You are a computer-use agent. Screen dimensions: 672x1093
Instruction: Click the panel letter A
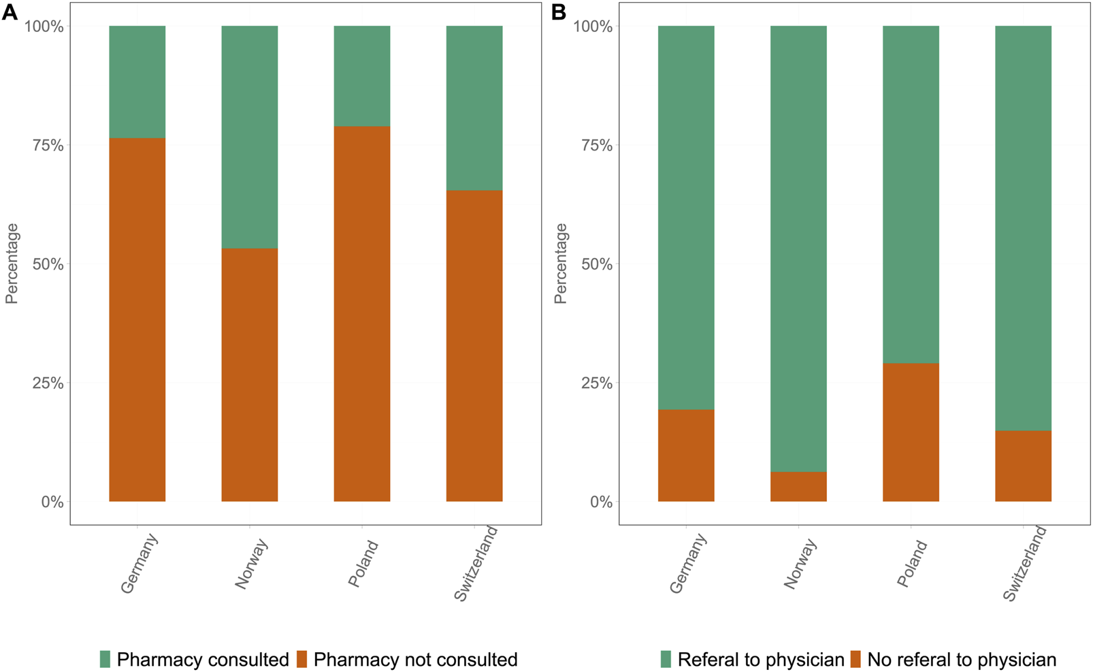coord(10,12)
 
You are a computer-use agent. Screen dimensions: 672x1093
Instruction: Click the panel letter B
coord(559,12)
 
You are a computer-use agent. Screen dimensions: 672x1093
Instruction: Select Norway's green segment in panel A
coord(249,136)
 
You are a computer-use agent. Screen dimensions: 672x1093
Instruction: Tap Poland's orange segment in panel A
coord(361,313)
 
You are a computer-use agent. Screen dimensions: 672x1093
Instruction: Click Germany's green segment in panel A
coord(137,82)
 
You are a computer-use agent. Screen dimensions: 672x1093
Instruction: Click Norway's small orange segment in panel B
coord(798,487)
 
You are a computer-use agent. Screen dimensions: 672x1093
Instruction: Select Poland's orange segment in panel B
coord(910,432)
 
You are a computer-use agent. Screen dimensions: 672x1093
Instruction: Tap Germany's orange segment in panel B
coord(685,455)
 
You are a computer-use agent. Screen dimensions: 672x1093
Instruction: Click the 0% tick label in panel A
coord(51,502)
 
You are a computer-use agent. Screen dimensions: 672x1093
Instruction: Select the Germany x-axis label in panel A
coord(140,564)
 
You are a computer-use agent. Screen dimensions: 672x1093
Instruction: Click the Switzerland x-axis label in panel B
coord(1025,564)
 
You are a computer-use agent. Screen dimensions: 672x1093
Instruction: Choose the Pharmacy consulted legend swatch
coord(105,659)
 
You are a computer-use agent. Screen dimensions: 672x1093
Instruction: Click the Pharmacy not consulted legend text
coord(415,660)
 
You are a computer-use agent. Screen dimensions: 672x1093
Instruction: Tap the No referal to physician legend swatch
coord(855,659)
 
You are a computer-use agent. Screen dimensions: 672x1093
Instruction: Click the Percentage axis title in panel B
coord(560,263)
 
